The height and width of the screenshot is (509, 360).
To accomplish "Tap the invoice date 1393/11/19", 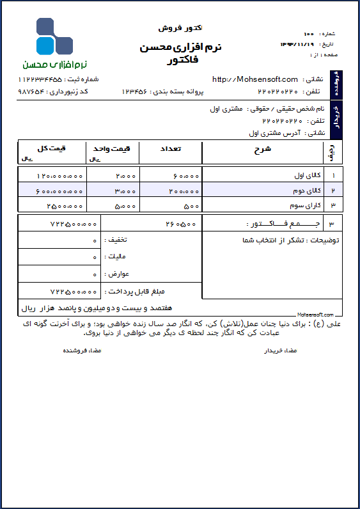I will pyautogui.click(x=297, y=44).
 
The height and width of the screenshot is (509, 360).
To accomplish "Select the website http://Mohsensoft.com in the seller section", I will pyautogui.click(x=254, y=79).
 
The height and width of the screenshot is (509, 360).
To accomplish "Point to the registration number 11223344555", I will pyautogui.click(x=40, y=79).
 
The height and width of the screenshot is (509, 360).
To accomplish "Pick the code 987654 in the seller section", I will pyautogui.click(x=31, y=92).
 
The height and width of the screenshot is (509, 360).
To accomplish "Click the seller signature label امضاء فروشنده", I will pyautogui.click(x=81, y=351).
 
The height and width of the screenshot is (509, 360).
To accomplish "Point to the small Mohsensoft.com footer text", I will pyautogui.click(x=316, y=315).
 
